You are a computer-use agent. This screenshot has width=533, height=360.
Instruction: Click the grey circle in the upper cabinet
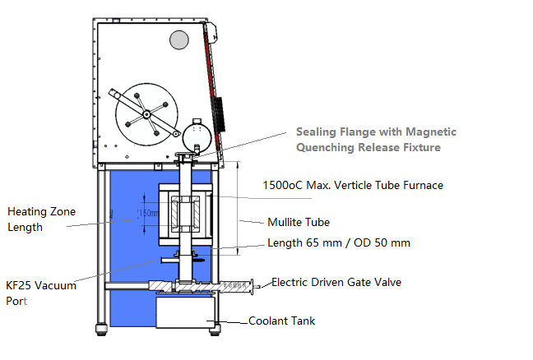pyautogui.click(x=179, y=39)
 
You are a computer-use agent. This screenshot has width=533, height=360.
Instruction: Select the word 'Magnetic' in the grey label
pyautogui.click(x=430, y=132)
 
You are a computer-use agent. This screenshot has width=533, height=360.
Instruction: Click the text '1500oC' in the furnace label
pyautogui.click(x=280, y=185)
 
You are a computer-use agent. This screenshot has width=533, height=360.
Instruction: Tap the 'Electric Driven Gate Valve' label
pyautogui.click(x=336, y=282)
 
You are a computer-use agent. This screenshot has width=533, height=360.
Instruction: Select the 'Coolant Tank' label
pyautogui.click(x=281, y=321)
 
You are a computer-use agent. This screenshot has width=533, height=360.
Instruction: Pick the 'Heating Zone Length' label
pyautogui.click(x=37, y=219)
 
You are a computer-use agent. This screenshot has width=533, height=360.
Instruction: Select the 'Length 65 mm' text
pyautogui.click(x=299, y=242)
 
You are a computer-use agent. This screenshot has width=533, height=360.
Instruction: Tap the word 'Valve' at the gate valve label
pyautogui.click(x=387, y=282)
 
